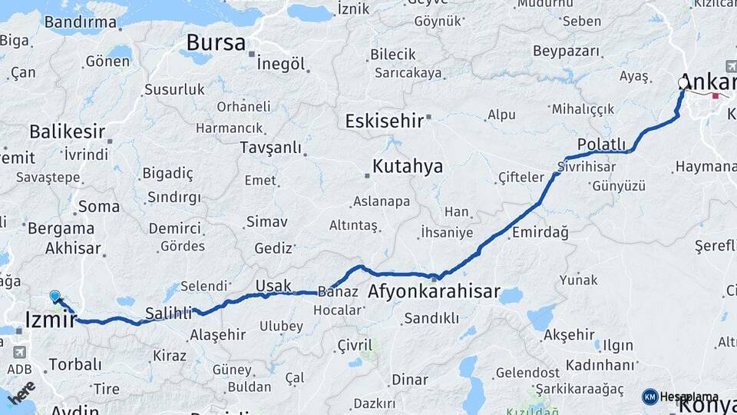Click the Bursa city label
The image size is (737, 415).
coord(216,41)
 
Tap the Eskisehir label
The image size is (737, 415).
coord(385,121)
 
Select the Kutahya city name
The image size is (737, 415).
coord(407,166)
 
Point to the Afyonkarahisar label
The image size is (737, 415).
coord(434,292)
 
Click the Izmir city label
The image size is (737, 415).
coord(51,318)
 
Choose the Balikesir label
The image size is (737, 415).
coord(67,131)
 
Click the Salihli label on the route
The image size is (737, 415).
coord(168,313)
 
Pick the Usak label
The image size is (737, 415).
coord(273,285)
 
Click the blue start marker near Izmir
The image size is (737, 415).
coord(55,296)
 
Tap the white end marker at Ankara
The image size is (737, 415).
coord(683,83)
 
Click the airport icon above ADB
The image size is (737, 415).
coord(19,352)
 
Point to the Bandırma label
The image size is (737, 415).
coord(80,22)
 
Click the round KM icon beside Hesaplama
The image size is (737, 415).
coord(650,397)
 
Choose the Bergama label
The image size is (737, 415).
coord(61,228)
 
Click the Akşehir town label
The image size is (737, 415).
coord(569,335)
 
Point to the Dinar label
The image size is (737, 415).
coord(409,380)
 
